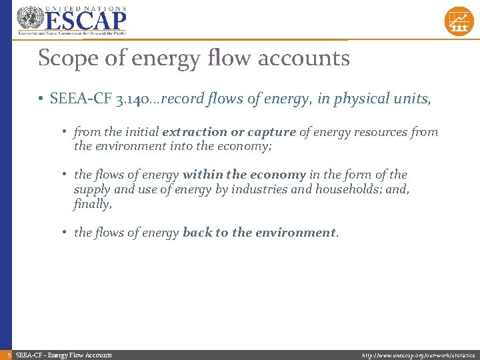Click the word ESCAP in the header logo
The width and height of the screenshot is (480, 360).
(x=85, y=21)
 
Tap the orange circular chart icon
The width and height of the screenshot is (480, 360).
(x=459, y=21)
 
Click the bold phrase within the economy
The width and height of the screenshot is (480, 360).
(x=244, y=175)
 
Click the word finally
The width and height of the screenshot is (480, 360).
(x=91, y=204)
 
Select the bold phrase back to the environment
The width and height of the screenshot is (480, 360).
(x=259, y=233)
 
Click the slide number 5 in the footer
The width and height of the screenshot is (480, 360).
(x=6, y=355)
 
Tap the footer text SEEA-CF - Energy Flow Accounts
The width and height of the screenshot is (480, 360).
(x=63, y=355)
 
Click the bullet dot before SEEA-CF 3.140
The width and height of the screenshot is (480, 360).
(x=41, y=99)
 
